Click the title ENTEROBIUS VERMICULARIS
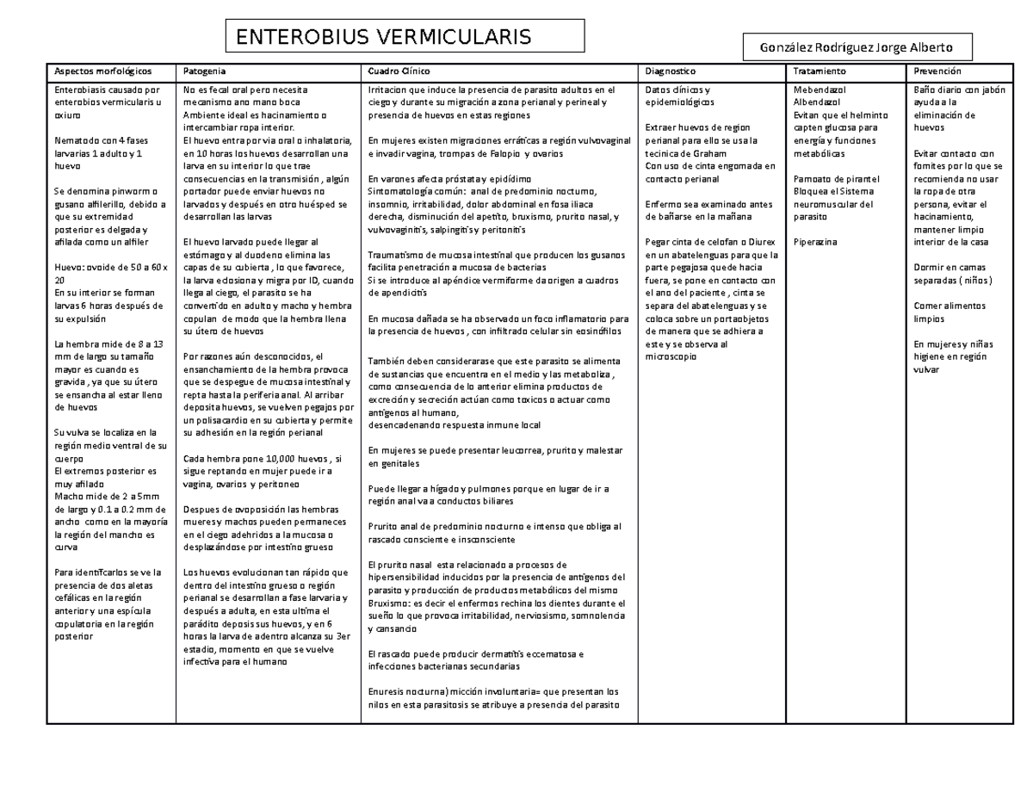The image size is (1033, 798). pyautogui.click(x=384, y=37)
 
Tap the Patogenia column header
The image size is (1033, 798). pyautogui.click(x=200, y=71)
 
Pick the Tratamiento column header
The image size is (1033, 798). pyautogui.click(x=820, y=71)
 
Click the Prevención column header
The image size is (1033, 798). pyautogui.click(x=937, y=71)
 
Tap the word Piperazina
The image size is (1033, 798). pyautogui.click(x=815, y=243)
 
